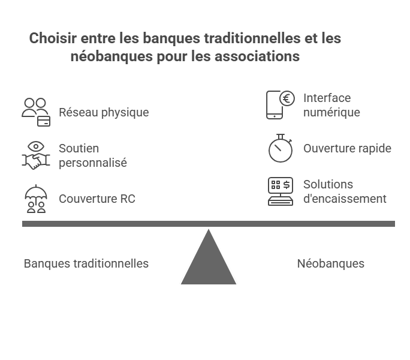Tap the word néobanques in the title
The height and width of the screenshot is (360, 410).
click(x=111, y=56)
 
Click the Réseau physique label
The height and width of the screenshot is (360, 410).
click(x=104, y=113)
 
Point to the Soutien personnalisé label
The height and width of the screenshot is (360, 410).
click(x=93, y=155)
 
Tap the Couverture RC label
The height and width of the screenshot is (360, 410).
click(x=97, y=199)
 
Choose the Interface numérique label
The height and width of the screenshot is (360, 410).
click(x=331, y=105)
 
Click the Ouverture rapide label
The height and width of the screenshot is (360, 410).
click(x=347, y=148)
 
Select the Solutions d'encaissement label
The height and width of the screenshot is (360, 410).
click(x=345, y=191)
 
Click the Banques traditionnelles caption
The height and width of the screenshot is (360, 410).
click(x=86, y=263)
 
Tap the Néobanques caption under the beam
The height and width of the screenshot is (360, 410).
click(x=330, y=263)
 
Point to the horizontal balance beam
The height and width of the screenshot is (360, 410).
click(x=209, y=224)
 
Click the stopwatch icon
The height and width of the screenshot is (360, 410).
click(x=281, y=148)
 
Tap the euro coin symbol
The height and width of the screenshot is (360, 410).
click(x=287, y=98)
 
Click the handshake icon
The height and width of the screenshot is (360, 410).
click(x=36, y=161)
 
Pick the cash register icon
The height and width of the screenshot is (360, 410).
click(x=281, y=191)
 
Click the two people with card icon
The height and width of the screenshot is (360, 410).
click(x=36, y=112)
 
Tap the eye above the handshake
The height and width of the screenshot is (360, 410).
click(x=36, y=146)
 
